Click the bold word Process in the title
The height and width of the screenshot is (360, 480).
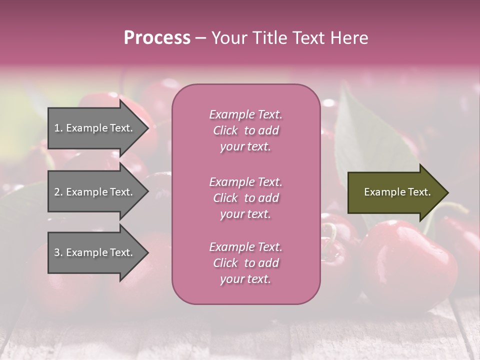pos(157,37)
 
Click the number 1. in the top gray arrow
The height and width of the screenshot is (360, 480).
pos(58,128)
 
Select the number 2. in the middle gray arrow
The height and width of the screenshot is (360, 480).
pos(58,192)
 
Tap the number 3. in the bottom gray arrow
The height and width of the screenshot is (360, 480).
pos(58,252)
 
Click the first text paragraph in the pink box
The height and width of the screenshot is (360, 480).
pos(245,130)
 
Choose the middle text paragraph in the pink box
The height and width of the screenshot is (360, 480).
pos(245,198)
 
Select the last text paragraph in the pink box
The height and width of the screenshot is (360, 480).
pos(245,263)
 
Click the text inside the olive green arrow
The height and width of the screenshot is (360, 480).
pos(397,192)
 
